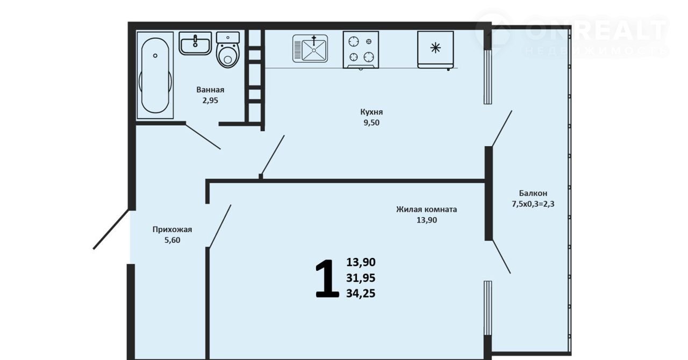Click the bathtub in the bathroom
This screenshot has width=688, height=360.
point(155,75)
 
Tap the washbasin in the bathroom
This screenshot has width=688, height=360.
point(195,44)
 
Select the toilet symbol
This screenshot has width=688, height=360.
point(227,50)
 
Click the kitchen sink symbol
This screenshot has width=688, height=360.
point(310,48)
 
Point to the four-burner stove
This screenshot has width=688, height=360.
point(361,50)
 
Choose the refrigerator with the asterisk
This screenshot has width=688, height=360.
point(435,50)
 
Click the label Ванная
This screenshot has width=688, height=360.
point(210,90)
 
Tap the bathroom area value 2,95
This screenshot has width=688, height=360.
point(210,100)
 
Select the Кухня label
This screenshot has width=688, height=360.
point(371,112)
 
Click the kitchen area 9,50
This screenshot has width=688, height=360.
point(371,123)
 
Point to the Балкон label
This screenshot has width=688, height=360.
point(533,193)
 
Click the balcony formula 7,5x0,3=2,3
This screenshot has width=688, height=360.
point(533,204)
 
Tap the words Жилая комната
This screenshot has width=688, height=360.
point(427,210)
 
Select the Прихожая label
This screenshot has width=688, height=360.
point(173,230)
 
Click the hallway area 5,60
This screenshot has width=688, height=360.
point(173,240)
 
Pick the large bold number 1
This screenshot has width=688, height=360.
point(327,279)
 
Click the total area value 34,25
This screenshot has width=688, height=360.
point(361,293)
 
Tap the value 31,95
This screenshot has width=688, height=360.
point(361,278)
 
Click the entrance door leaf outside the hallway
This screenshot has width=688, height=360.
point(111,229)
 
